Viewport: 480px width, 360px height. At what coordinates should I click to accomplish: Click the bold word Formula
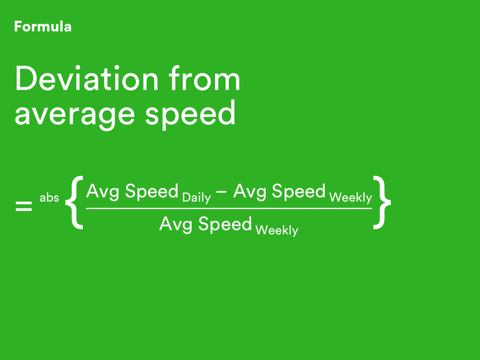(x=43, y=27)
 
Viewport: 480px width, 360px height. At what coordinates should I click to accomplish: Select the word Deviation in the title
(x=87, y=78)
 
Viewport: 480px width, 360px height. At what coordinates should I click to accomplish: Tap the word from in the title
(x=204, y=78)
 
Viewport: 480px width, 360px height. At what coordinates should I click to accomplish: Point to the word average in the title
(x=75, y=115)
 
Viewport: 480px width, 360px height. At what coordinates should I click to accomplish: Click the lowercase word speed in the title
(x=190, y=112)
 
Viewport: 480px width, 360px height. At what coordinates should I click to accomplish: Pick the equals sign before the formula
(x=23, y=206)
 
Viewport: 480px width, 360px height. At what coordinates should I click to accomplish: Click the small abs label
(x=49, y=197)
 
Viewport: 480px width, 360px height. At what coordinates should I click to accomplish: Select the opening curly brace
(x=75, y=202)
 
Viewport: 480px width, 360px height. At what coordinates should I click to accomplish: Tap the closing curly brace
(x=382, y=202)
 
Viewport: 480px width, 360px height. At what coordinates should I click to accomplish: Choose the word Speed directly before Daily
(x=152, y=191)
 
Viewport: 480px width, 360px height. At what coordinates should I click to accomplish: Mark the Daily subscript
(x=196, y=198)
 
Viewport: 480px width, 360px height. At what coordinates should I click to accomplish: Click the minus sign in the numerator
(x=221, y=192)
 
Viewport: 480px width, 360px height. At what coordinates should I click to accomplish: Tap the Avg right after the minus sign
(x=249, y=192)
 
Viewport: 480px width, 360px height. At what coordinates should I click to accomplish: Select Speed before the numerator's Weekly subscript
(x=299, y=191)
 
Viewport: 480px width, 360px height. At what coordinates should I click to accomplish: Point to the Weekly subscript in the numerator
(x=351, y=198)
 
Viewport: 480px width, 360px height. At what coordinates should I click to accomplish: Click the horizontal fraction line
(x=229, y=209)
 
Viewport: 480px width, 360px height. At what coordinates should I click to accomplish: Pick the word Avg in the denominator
(x=176, y=225)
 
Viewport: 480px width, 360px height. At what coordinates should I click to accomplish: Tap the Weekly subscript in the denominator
(x=277, y=231)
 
